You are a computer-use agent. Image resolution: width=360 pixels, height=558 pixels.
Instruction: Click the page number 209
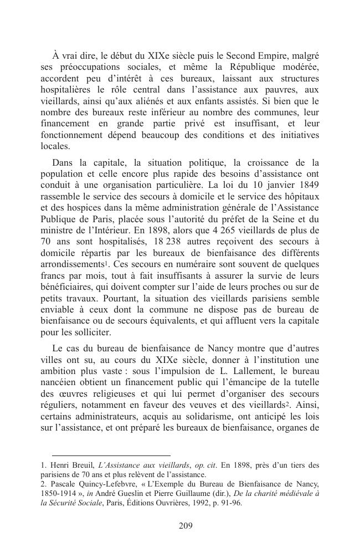[x=186, y=526]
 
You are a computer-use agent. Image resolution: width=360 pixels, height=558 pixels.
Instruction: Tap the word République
[x=245, y=67]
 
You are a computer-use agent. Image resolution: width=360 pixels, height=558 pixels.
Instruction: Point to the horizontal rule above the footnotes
[x=105, y=455]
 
